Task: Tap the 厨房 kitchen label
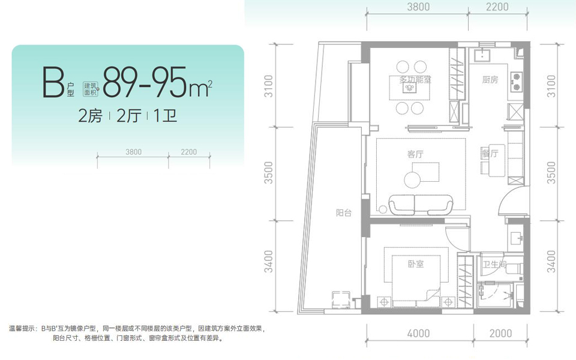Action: click(x=490, y=80)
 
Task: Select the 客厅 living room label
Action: click(x=415, y=154)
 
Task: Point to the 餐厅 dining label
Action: click(x=490, y=154)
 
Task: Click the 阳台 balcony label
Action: click(x=343, y=212)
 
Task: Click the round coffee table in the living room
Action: click(x=413, y=179)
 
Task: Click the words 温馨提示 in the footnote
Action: click(x=23, y=329)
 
